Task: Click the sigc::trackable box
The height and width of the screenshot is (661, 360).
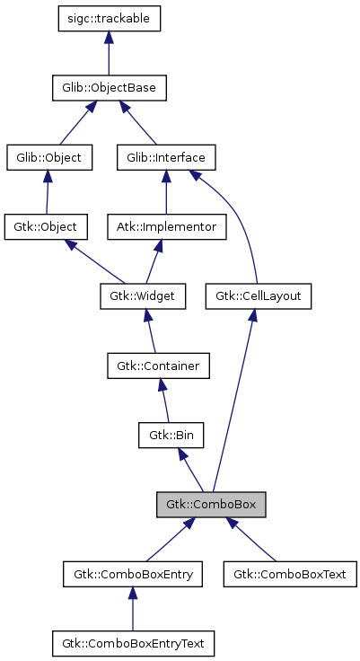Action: pyautogui.click(x=108, y=19)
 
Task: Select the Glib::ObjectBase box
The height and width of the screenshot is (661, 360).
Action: pyautogui.click(x=108, y=88)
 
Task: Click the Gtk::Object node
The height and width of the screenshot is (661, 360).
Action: pyautogui.click(x=45, y=226)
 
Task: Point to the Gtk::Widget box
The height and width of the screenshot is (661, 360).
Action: pyautogui.click(x=141, y=295)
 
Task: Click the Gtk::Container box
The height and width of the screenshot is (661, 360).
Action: pyautogui.click(x=158, y=366)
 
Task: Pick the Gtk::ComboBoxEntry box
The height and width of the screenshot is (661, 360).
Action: pyautogui.click(x=133, y=573)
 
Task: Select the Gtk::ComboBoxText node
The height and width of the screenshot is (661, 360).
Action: pyautogui.click(x=289, y=573)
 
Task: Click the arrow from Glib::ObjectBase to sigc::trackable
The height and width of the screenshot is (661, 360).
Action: pyautogui.click(x=108, y=54)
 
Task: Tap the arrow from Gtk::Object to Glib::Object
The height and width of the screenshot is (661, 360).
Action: pyautogui.click(x=47, y=192)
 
